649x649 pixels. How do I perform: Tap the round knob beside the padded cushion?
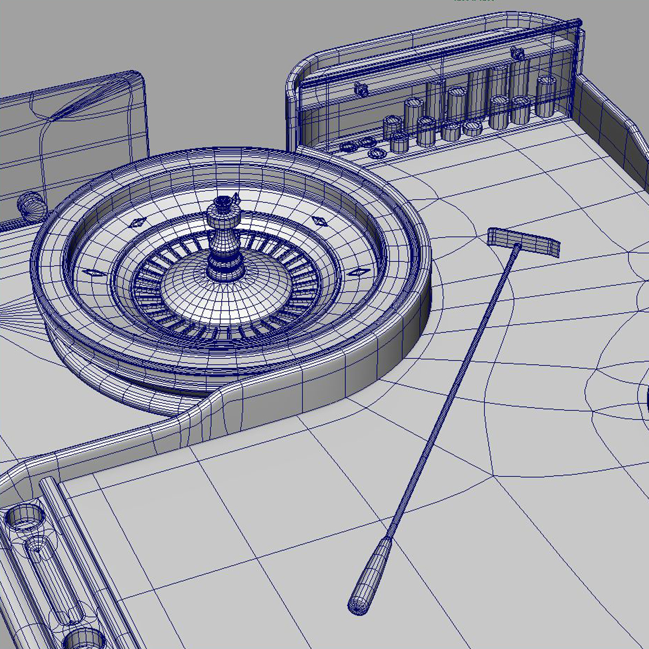[x=30, y=204]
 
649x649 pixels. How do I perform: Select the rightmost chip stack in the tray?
[x=546, y=96]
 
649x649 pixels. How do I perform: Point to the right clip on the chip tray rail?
[x=518, y=52]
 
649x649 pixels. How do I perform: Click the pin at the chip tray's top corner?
[x=579, y=24]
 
